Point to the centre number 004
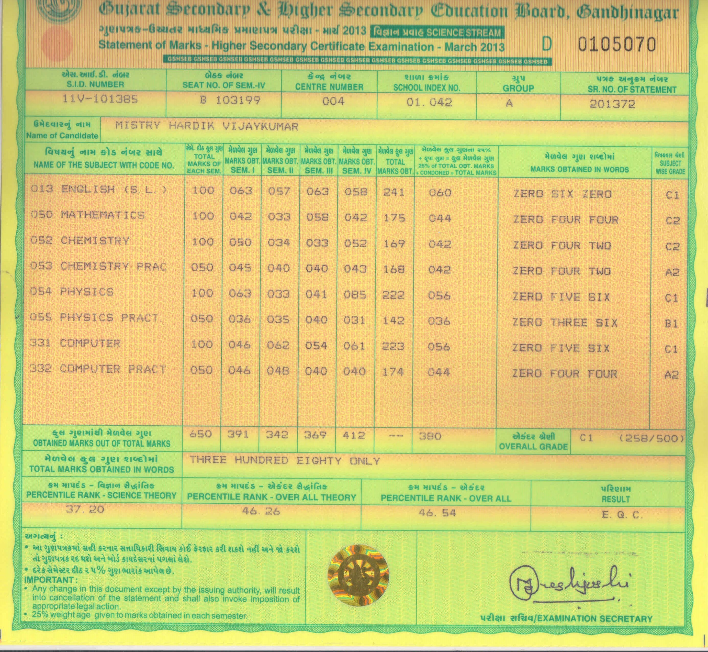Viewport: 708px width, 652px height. (x=333, y=102)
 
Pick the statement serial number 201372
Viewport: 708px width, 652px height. (x=612, y=104)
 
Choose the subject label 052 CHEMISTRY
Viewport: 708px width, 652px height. (x=80, y=241)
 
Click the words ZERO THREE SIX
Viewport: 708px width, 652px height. (x=565, y=323)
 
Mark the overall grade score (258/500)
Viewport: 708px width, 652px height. (x=651, y=439)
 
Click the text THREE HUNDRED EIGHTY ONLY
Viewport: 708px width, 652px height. (x=285, y=460)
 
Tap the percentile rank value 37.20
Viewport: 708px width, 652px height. (x=85, y=510)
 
